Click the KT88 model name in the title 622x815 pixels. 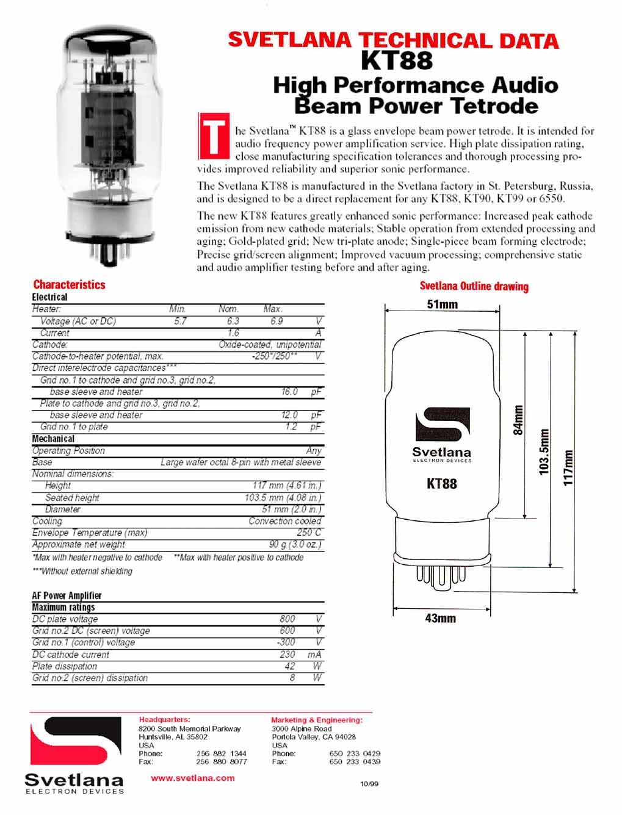point(397,60)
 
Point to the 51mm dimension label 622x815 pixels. point(442,304)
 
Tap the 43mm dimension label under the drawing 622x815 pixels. point(440,619)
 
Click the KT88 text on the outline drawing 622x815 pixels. point(441,484)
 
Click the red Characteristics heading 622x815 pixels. point(69,284)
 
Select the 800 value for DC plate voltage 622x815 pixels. point(287,619)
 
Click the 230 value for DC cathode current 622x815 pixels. point(287,654)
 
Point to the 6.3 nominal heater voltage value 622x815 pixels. point(233,321)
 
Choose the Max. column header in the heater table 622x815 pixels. point(273,309)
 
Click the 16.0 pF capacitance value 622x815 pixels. point(289,392)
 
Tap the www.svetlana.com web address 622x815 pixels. point(192,778)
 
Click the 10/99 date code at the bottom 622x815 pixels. point(369,784)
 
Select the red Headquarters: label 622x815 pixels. point(164,720)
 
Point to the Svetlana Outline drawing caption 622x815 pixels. point(474,286)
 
